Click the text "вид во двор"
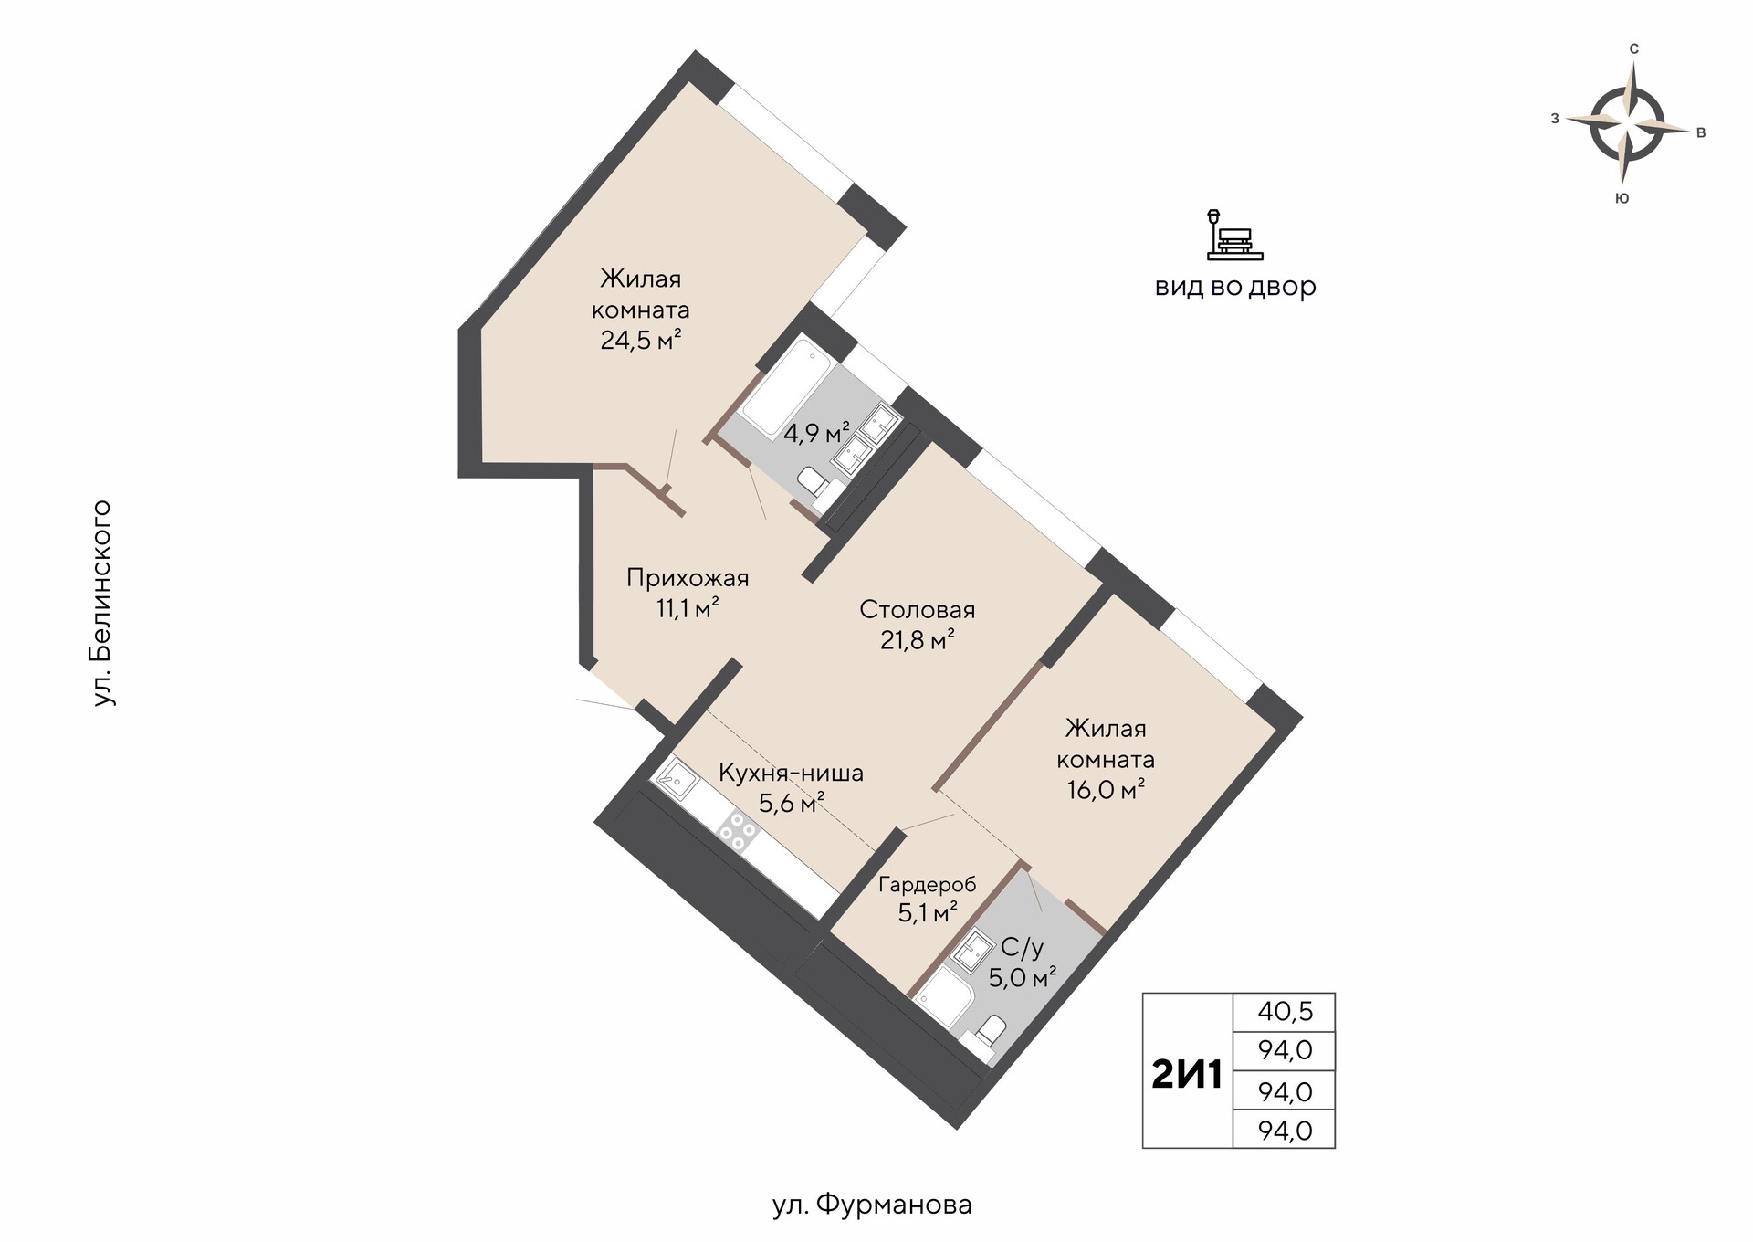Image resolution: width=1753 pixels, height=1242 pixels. point(1235,287)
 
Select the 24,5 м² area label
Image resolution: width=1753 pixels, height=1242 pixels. point(641,341)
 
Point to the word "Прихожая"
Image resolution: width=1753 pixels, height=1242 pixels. point(688,578)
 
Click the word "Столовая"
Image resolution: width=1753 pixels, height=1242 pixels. point(918,609)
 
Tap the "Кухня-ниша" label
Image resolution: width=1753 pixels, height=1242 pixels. point(791,774)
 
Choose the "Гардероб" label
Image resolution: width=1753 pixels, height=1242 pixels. point(927,884)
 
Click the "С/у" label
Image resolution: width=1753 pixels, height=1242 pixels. point(1022,948)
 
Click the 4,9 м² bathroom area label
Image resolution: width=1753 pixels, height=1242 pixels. point(816,433)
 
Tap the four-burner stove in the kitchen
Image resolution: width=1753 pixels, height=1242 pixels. point(738,830)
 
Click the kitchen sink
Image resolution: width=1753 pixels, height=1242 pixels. point(676,778)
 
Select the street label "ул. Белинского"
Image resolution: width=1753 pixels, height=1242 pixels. point(103,603)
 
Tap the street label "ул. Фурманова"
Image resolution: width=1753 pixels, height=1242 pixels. point(872,1205)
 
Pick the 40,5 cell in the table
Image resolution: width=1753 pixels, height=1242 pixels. point(1285,1012)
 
